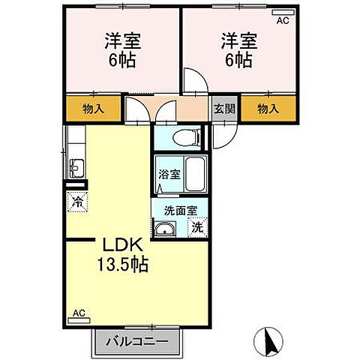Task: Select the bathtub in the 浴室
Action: (x=196, y=175)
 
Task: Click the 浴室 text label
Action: (x=169, y=175)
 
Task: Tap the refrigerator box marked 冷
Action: (x=76, y=200)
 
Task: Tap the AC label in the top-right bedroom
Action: (x=282, y=21)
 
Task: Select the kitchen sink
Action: (x=76, y=166)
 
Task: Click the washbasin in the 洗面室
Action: (x=166, y=229)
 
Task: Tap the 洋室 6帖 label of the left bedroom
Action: (x=121, y=51)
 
